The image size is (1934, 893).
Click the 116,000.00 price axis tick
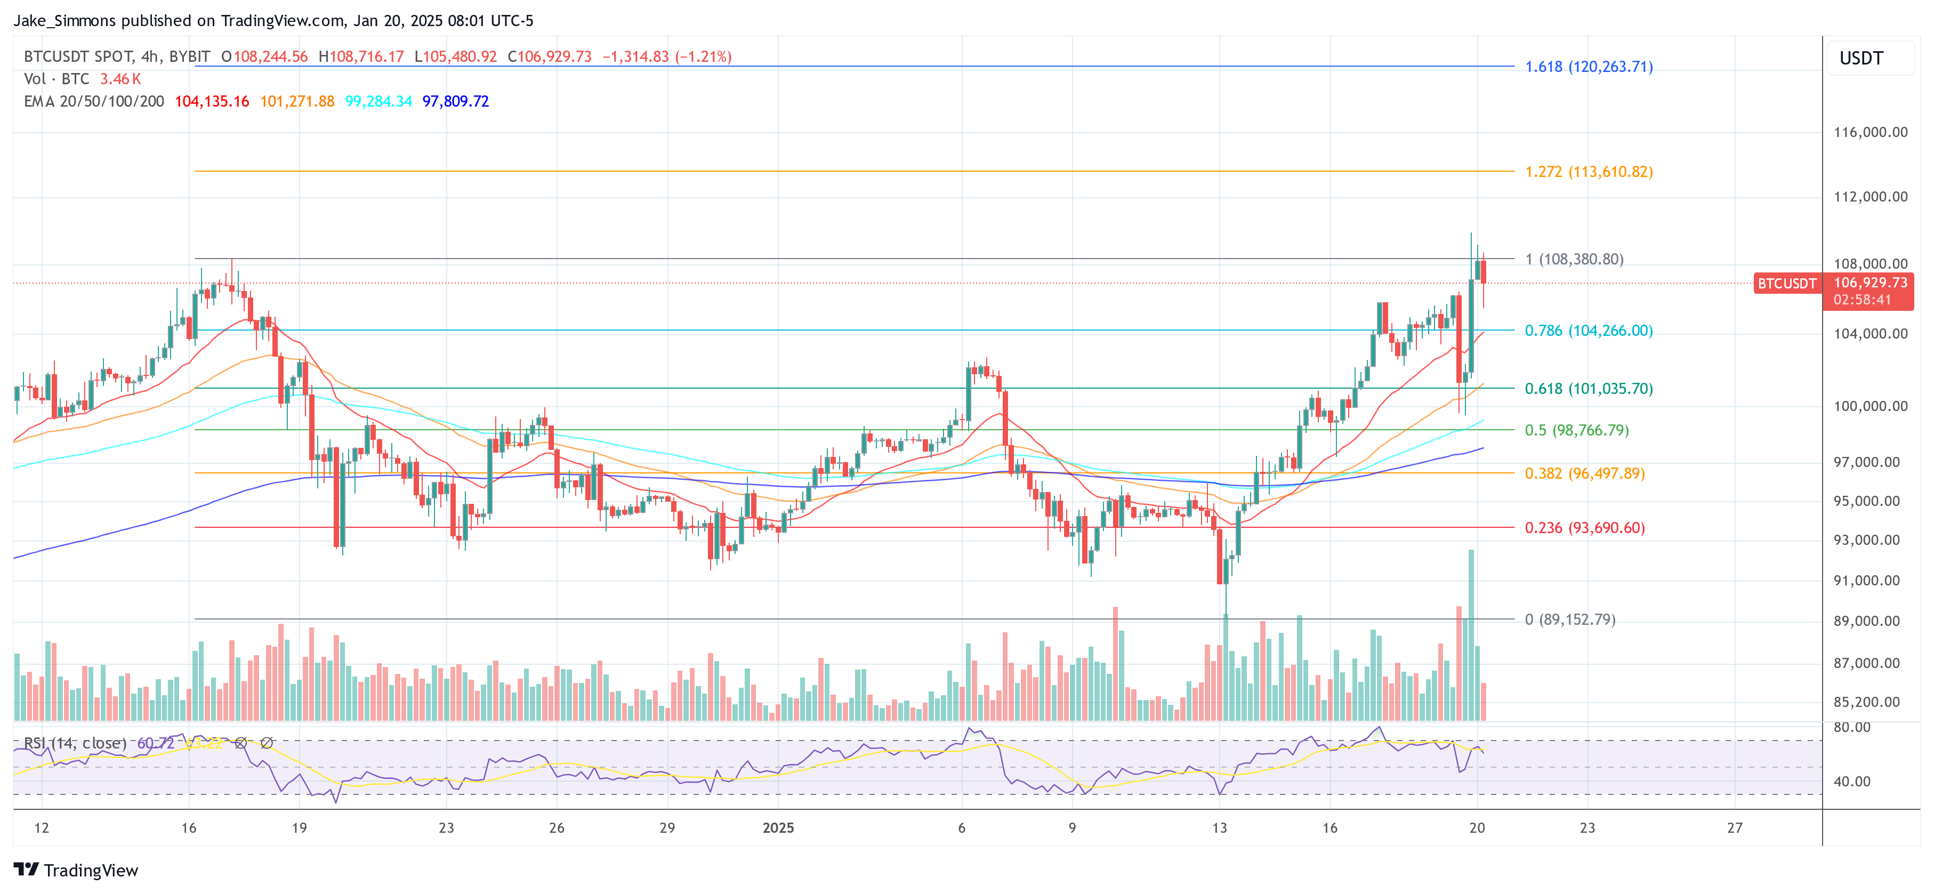1869,132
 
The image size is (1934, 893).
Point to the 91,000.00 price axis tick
1869,581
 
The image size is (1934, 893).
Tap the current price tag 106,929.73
1869,283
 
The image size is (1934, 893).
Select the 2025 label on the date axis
778,827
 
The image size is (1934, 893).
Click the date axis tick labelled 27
1734,827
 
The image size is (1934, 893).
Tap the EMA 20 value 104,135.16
212,101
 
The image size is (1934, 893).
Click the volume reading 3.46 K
120,79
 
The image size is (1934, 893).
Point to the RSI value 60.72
156,743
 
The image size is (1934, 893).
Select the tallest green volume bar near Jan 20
1471,634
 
